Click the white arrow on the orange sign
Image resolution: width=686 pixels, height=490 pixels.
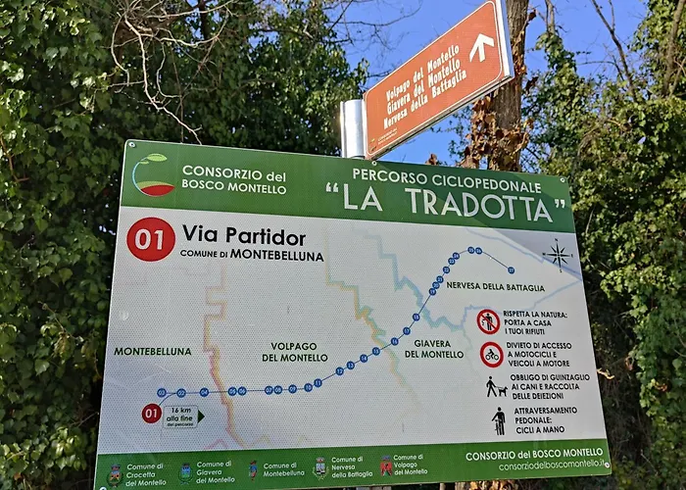click(x=481, y=47)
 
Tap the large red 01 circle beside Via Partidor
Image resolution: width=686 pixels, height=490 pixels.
click(x=151, y=239)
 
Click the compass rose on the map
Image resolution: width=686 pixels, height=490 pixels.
click(x=558, y=256)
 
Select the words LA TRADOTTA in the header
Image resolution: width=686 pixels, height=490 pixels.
click(x=452, y=203)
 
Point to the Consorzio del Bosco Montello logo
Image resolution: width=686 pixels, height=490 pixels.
click(x=152, y=174)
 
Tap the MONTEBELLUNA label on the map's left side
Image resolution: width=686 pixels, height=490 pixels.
click(x=153, y=351)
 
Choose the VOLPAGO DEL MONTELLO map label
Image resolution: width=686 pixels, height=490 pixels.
click(x=294, y=351)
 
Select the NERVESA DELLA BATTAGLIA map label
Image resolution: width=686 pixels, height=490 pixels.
click(x=495, y=286)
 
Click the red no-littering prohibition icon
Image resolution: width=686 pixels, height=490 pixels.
click(x=488, y=320)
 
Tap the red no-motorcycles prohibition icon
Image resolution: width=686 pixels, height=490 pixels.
click(x=492, y=354)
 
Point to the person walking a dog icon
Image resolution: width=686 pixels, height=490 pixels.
click(x=496, y=387)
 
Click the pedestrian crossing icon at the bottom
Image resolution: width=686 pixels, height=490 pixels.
click(x=499, y=421)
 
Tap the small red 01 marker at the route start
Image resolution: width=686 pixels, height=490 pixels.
click(x=151, y=414)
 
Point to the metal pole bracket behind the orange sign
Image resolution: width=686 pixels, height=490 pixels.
click(x=352, y=127)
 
